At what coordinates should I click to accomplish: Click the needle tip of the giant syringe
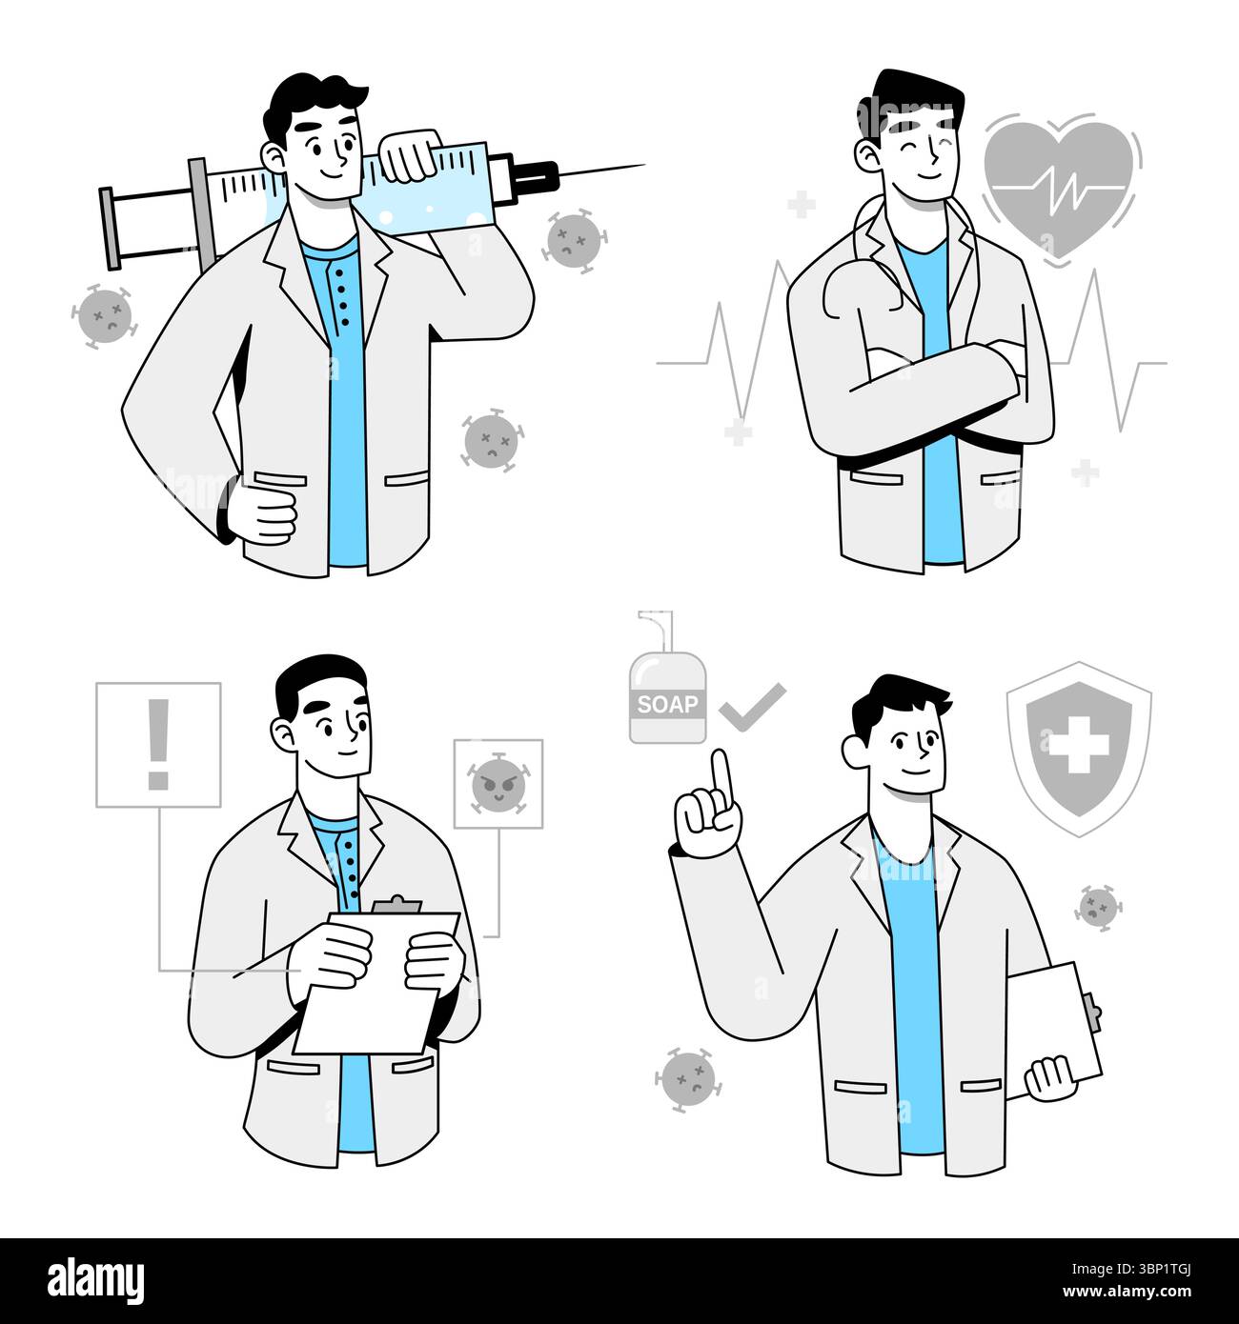tap(644, 165)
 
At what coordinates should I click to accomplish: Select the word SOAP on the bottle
tap(667, 704)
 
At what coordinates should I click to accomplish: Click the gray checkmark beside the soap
tap(752, 708)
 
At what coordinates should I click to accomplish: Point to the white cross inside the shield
tap(1079, 744)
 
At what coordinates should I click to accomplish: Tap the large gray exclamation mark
tap(158, 744)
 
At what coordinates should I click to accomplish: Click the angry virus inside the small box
tap(498, 785)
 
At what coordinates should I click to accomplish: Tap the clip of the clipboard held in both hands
tap(396, 905)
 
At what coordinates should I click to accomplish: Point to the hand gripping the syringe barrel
tap(411, 156)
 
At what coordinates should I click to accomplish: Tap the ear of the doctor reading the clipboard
tap(283, 734)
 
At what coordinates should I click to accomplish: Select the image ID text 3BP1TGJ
tap(1163, 1268)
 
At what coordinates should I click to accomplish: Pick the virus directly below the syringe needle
tap(574, 241)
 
